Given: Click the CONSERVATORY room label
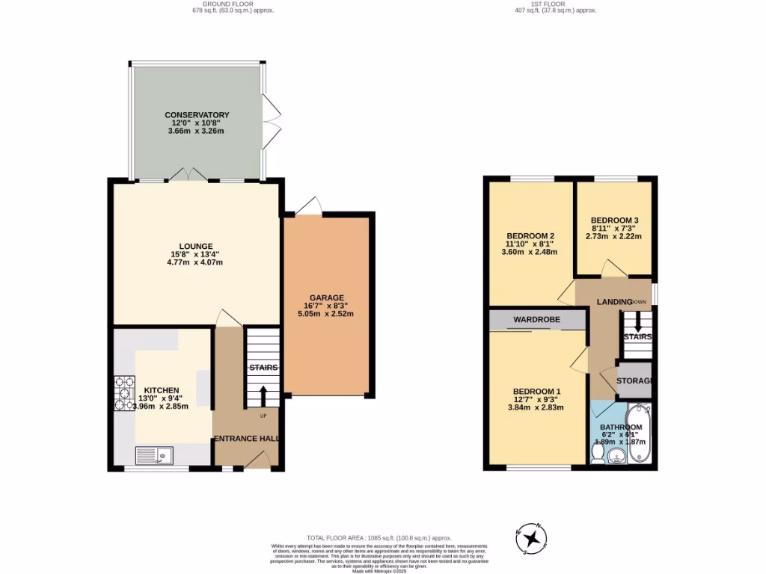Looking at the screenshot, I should (197, 115).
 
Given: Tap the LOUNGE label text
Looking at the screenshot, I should (196, 246).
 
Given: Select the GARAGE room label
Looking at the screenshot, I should (327, 297).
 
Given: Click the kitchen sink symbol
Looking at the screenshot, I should (153, 455).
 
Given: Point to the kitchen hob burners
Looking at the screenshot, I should (123, 395).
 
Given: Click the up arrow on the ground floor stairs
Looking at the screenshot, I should (263, 397).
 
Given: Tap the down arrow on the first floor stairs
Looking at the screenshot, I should (637, 323).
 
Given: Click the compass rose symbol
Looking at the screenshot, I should (532, 538).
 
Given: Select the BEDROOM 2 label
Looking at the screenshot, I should (530, 235).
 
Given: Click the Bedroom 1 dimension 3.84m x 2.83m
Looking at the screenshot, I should (536, 407).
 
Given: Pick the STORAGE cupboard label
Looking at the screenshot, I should (634, 381).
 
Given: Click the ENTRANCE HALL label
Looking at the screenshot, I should (247, 439).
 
